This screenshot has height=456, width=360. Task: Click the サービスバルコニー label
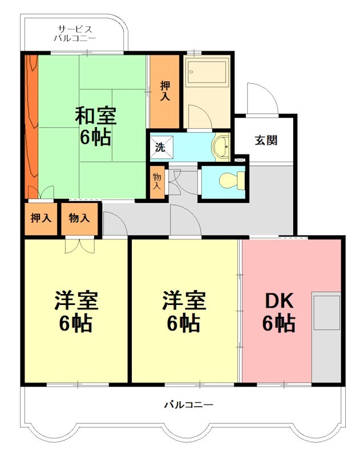[x=75, y=34]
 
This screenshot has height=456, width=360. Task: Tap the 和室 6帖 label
[x=96, y=126]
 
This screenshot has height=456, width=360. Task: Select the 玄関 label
[x=266, y=140]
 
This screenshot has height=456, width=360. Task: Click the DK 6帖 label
[x=279, y=312]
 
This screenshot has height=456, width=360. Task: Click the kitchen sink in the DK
[x=327, y=312]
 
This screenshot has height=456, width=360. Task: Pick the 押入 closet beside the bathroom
[x=164, y=91]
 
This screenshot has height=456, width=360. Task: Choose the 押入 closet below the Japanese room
[x=41, y=218]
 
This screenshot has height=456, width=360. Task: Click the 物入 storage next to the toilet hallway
[x=157, y=181]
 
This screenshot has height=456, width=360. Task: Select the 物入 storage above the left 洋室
[x=79, y=218]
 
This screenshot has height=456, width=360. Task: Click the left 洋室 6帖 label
[x=76, y=311]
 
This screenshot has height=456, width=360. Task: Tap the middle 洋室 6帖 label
[x=184, y=311]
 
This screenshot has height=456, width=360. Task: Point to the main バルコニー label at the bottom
[x=189, y=405]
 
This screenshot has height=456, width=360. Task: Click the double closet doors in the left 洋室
[x=80, y=246]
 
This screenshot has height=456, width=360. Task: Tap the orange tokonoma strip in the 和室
[x=31, y=127]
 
